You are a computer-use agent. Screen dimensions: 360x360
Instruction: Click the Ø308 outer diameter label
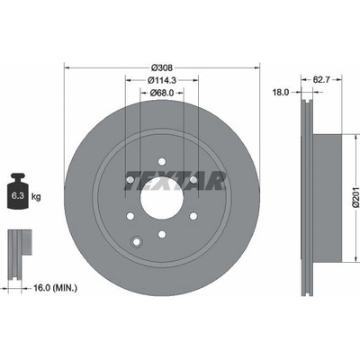pos(162,67)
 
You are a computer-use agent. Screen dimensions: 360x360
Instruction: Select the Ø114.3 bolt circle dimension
pos(162,80)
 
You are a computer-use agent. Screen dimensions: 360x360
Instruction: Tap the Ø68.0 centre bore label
pos(162,93)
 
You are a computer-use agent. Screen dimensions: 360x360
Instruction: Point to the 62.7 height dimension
pos(321,80)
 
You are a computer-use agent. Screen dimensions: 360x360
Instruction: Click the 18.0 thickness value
pos(281,93)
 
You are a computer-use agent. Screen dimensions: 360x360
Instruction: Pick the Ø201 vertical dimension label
pos(355,197)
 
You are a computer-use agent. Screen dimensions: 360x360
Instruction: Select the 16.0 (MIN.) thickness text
pos(55,288)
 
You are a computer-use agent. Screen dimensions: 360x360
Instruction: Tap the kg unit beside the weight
pos(36,197)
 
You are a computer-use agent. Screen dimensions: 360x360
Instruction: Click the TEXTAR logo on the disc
pos(175,181)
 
